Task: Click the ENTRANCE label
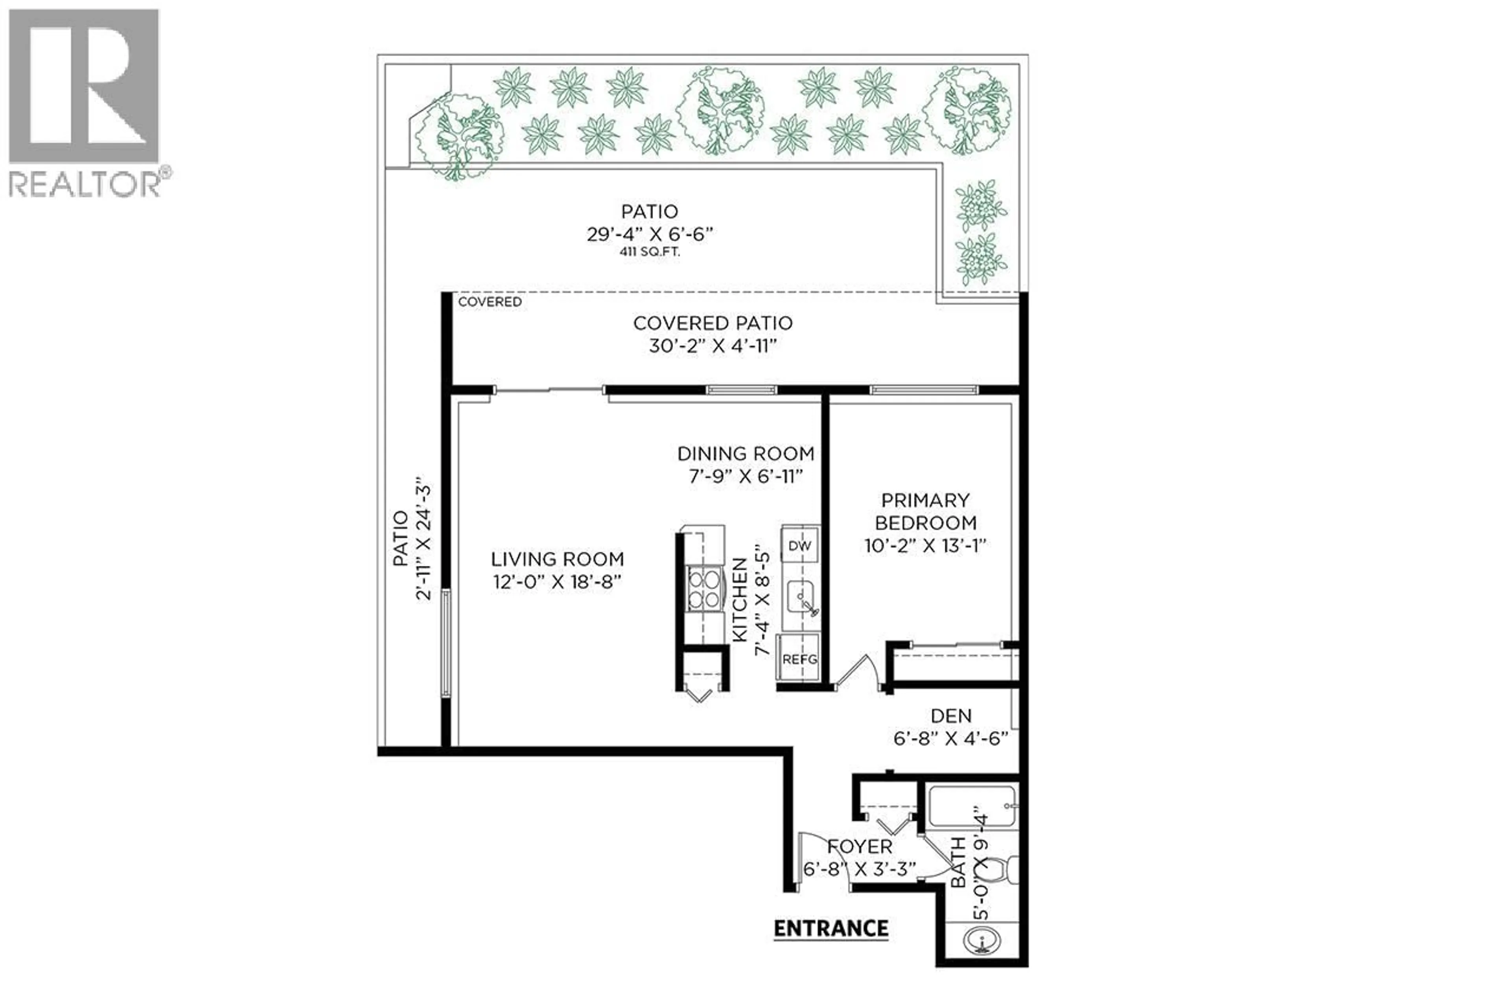pyautogui.click(x=830, y=929)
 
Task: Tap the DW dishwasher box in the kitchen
pyautogui.click(x=799, y=546)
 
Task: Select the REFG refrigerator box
pyautogui.click(x=799, y=659)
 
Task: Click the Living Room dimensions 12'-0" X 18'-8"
pyautogui.click(x=557, y=583)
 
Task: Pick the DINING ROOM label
pyautogui.click(x=746, y=454)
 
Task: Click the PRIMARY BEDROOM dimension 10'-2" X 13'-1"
pyautogui.click(x=925, y=546)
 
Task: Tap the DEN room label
pyautogui.click(x=951, y=715)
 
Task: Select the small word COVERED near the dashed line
pyautogui.click(x=490, y=302)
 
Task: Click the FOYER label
pyautogui.click(x=859, y=847)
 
